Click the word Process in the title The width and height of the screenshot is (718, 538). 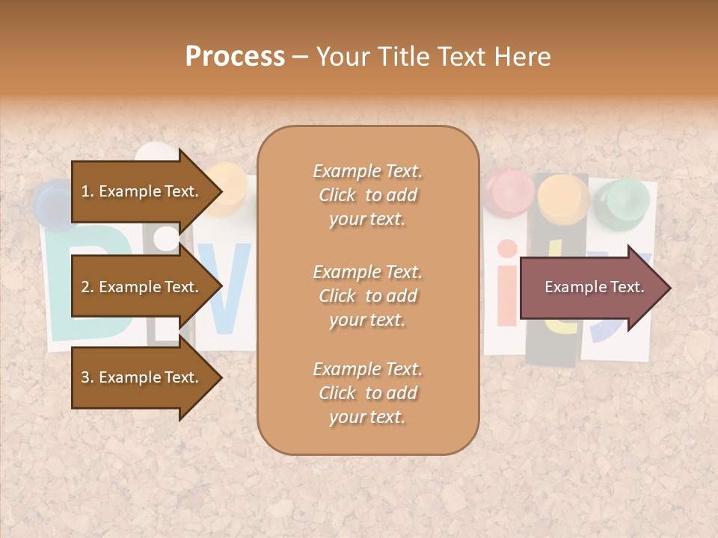235,57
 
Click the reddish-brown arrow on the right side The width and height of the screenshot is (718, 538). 595,288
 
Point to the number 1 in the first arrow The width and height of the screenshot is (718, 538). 85,191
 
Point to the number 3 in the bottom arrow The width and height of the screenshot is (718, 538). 85,377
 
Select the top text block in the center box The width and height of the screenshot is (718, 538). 367,195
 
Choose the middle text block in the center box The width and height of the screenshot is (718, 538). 367,296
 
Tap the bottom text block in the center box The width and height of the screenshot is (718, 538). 367,393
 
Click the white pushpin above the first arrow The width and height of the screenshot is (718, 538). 154,155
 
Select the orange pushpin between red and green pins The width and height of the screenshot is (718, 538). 564,198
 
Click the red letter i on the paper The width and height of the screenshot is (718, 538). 507,284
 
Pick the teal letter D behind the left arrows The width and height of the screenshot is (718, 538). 60,291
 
